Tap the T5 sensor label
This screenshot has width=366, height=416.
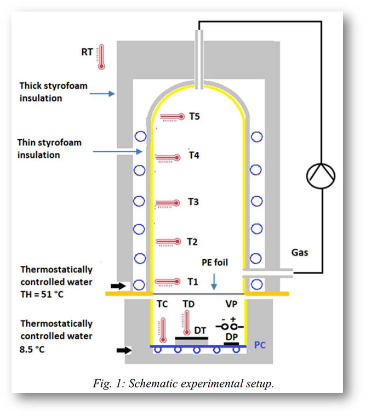tap(195, 116)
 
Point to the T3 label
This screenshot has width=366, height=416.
tap(193, 202)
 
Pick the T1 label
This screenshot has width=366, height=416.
tap(192, 282)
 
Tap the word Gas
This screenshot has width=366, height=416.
tap(300, 253)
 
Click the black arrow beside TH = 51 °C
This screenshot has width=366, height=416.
tap(118, 286)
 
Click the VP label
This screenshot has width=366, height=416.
tap(231, 304)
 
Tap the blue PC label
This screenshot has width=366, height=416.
tap(260, 346)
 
